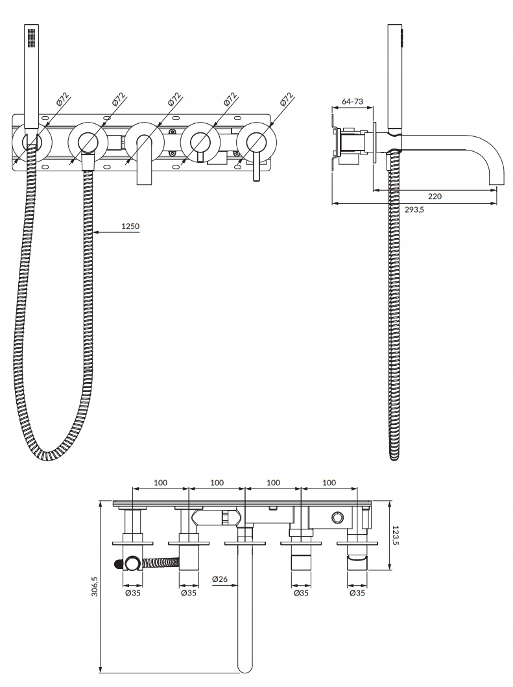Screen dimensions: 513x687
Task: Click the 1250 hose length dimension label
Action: coord(130,226)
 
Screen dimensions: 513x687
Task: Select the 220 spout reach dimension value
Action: coord(435,196)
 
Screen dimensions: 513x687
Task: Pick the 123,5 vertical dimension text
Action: coord(396,535)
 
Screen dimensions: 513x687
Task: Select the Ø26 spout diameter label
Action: coord(221,579)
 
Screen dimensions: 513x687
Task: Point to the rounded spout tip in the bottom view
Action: coord(245,667)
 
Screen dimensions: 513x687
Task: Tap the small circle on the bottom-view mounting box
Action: coord(337,517)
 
